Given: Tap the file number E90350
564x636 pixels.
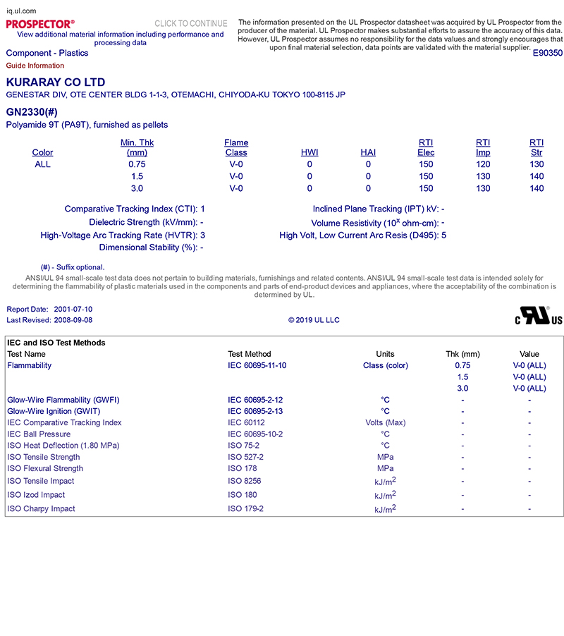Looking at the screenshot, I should click(547, 53).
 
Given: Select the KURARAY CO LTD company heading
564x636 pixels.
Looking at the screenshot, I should click(56, 82).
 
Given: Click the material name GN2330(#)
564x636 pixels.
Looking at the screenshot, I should click(31, 112).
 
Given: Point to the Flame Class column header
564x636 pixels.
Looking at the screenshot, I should click(236, 147).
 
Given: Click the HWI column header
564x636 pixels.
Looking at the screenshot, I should click(309, 152).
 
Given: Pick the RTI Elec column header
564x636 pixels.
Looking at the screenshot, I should click(426, 147).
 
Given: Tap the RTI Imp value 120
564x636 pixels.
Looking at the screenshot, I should click(483, 164).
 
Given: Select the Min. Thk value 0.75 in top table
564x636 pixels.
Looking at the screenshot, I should click(137, 164).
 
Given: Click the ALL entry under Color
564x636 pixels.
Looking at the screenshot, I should click(42, 164).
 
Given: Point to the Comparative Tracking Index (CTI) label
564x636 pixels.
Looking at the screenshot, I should click(132, 209).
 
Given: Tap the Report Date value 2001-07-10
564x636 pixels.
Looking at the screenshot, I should click(73, 310).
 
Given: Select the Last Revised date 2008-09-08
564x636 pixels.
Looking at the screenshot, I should click(73, 320).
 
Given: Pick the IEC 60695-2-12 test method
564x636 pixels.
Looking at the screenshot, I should click(255, 400).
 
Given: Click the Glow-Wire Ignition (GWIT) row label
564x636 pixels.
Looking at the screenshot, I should click(54, 411).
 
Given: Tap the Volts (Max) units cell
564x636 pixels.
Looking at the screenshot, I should click(385, 423).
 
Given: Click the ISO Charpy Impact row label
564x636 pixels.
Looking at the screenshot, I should click(41, 509).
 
